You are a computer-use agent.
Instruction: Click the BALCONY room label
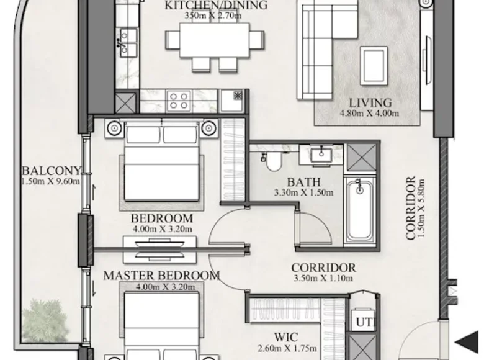tap(52, 171)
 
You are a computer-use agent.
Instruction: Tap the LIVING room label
tap(370, 103)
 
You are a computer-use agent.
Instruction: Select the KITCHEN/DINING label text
tap(216, 5)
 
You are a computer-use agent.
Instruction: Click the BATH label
tap(303, 182)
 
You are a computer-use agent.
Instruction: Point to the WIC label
tap(286, 337)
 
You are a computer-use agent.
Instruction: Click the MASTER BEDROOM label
tap(161, 276)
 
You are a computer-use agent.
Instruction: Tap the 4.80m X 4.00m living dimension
tap(369, 113)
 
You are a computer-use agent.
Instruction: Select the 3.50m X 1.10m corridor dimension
tap(323, 278)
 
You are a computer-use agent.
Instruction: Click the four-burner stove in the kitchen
tap(179, 101)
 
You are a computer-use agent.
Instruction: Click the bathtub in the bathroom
tap(360, 210)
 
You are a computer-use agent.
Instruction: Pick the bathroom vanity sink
tap(321, 155)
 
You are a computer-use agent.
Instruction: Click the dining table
tap(215, 40)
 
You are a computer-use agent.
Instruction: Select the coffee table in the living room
tap(374, 66)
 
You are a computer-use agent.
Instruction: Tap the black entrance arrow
tap(467, 342)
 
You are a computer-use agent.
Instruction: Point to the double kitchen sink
tap(128, 42)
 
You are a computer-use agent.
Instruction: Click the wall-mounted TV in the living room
tap(428, 60)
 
